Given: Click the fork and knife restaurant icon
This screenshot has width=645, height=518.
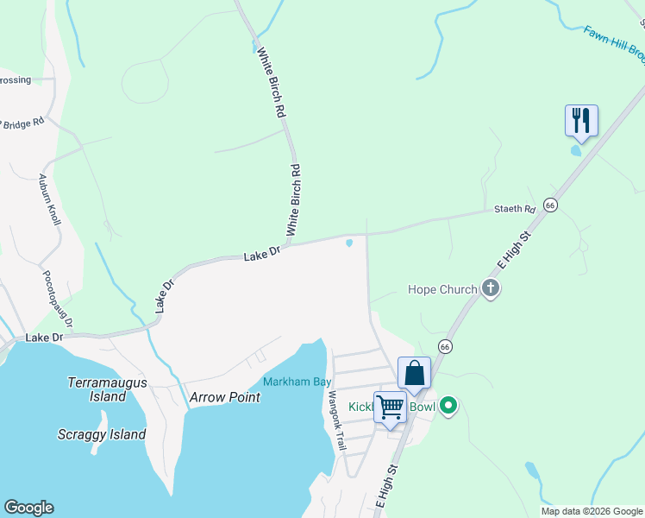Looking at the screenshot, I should click(581, 120).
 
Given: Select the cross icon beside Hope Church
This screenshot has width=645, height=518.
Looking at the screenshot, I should click(491, 288).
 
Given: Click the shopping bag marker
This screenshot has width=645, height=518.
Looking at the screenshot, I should click(414, 373).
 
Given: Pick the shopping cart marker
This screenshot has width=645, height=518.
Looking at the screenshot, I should click(390, 407).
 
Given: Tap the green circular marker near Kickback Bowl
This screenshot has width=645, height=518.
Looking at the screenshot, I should click(448, 405).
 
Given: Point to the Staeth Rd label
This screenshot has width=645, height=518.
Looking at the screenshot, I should click(515, 209).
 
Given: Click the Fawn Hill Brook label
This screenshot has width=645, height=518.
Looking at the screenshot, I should click(614, 42).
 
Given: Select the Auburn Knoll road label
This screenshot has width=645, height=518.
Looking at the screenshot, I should click(49, 199).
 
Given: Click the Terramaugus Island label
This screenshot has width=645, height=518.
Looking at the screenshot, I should click(107, 389).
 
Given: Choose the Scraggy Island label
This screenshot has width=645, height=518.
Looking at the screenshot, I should click(102, 434).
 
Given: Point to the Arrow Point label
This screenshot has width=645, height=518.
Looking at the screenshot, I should click(224, 397).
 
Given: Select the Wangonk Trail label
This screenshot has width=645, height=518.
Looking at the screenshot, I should click(336, 421).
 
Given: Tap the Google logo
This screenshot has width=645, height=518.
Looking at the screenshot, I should click(28, 508).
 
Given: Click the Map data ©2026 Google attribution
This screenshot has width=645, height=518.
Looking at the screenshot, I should click(591, 511).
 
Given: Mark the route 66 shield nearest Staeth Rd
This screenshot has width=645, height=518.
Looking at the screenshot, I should click(551, 205).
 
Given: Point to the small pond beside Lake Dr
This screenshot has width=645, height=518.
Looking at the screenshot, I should click(349, 243).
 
